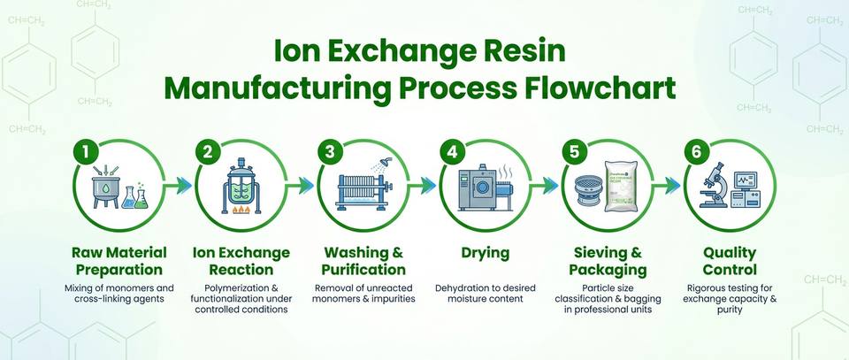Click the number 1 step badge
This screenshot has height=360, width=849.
(86, 151)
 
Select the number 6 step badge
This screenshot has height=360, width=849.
(697, 151)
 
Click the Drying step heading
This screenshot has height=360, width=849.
(486, 253)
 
